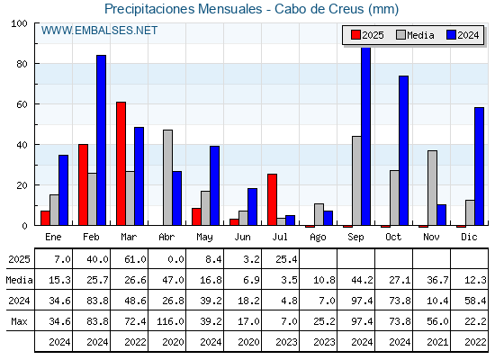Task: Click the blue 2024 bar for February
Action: coord(101,140)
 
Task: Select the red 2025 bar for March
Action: coord(121,164)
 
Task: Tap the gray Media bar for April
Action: coord(167,177)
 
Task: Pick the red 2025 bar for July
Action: coord(272,200)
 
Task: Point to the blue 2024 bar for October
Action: coord(404,150)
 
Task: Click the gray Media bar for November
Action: coord(432,188)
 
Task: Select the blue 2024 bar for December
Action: coord(479,166)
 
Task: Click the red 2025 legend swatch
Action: coord(355,35)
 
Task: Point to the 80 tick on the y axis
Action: coord(22,64)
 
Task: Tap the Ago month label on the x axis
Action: coord(318,238)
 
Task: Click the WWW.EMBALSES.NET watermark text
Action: coord(99,31)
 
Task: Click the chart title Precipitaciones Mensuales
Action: coord(184,9)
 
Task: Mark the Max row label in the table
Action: coord(19,321)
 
